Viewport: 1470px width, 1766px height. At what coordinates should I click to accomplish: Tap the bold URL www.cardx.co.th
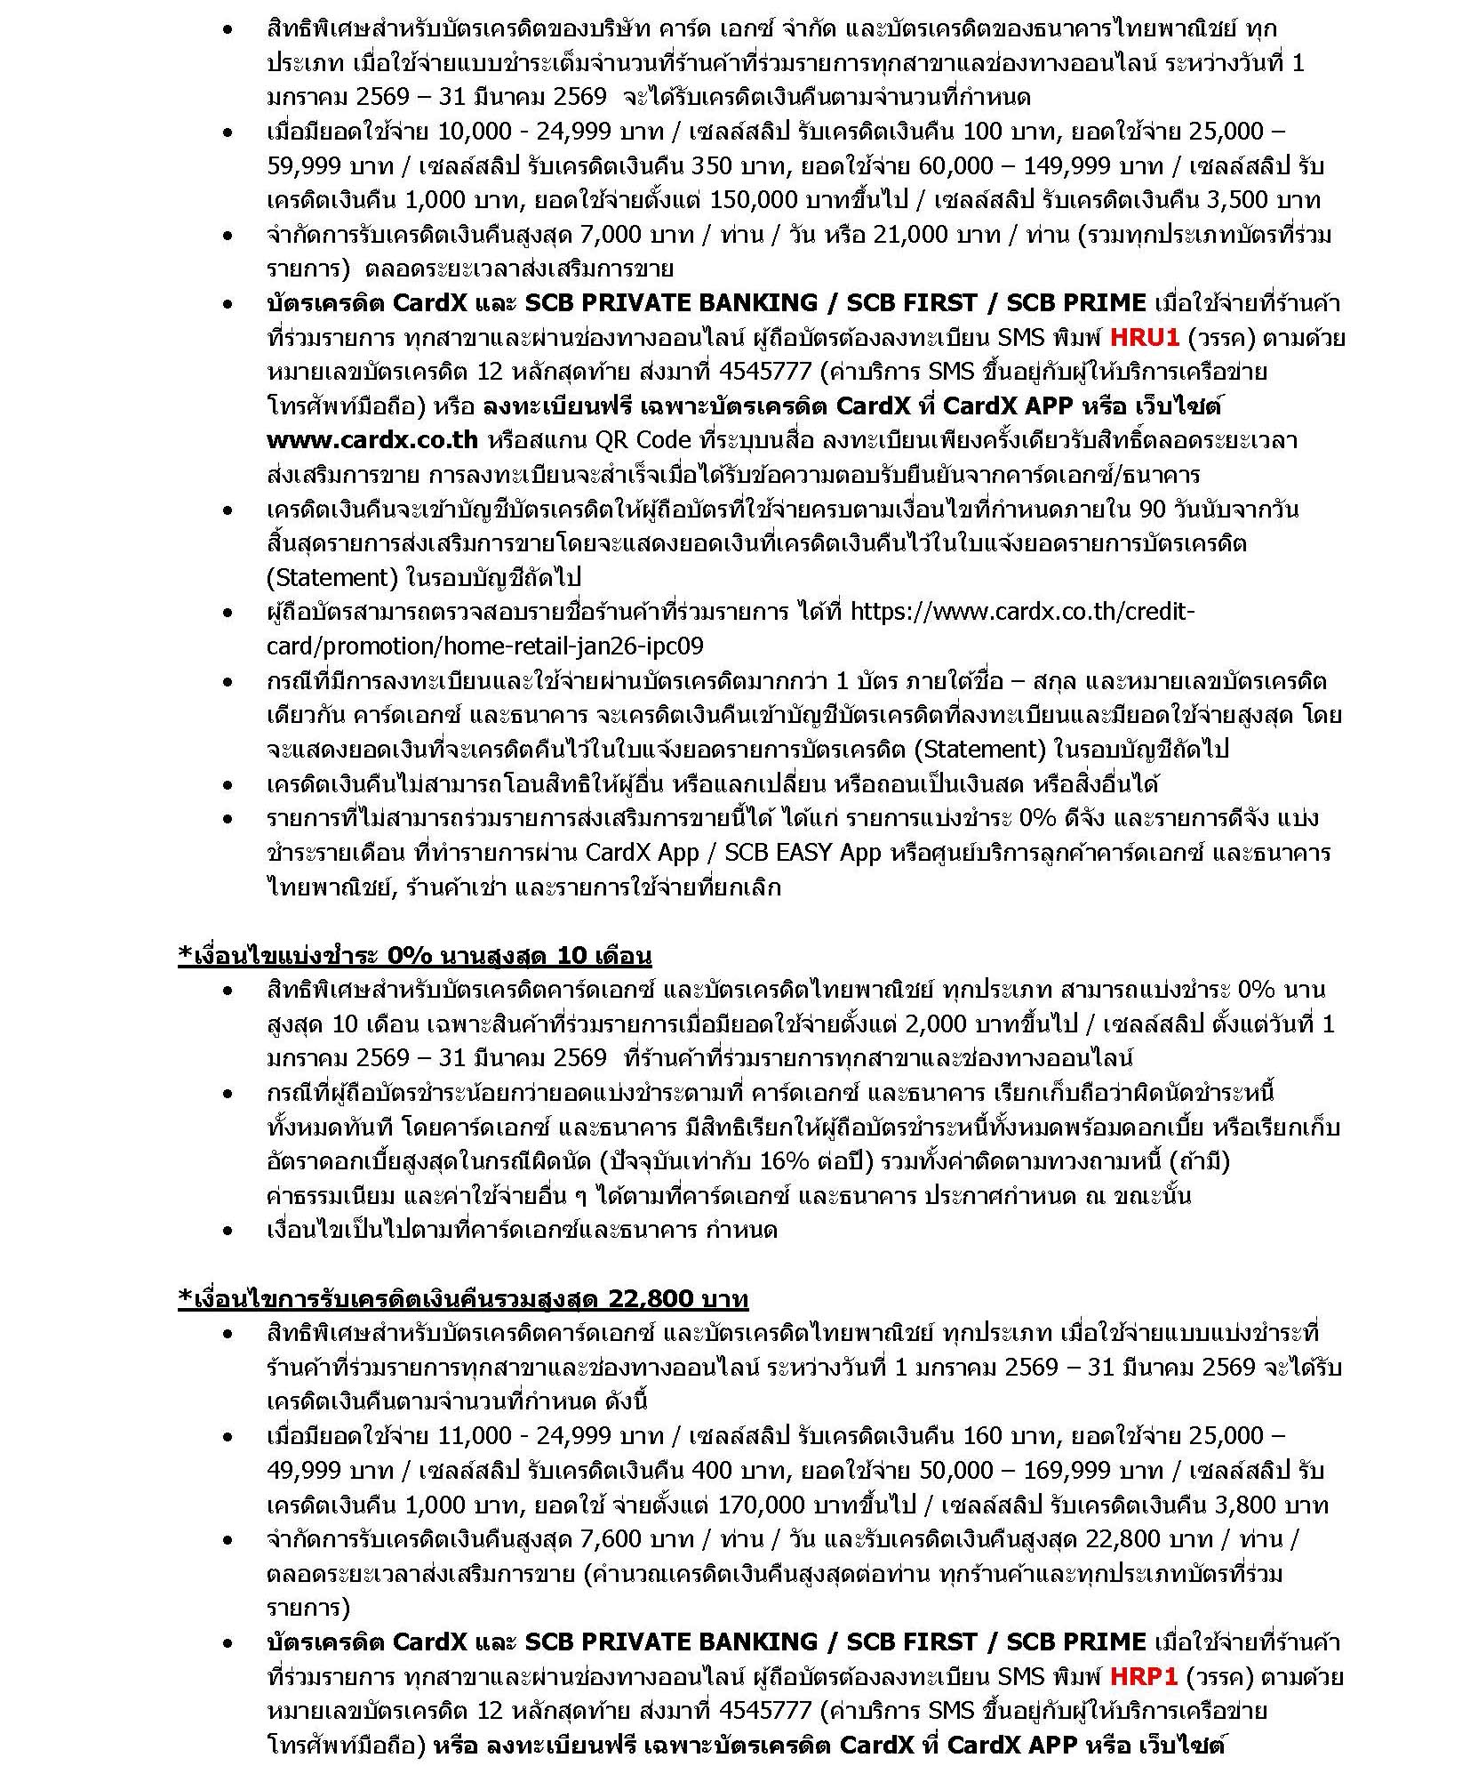click(371, 440)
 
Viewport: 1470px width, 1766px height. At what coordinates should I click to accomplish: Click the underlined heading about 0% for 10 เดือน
click(415, 956)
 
